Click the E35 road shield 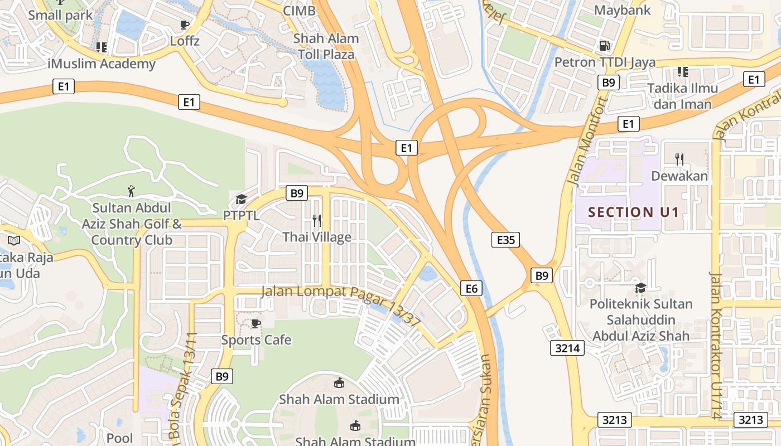505,240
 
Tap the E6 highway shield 471,288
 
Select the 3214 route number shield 568,348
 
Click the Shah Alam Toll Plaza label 326,47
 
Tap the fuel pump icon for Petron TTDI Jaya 604,45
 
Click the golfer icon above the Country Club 131,191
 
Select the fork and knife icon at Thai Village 317,221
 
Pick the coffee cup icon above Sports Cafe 255,323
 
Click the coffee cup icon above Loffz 185,25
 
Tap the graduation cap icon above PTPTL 241,199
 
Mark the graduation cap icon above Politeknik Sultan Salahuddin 640,288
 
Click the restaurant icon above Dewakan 679,159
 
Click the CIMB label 299,11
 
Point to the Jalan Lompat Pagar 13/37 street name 341,304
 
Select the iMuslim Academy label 102,64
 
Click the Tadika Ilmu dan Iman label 682,96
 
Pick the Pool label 119,438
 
